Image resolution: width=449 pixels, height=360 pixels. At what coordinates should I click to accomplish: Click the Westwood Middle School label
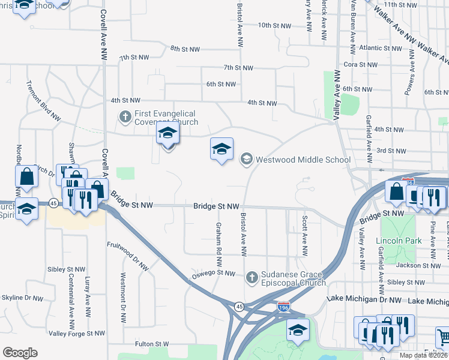303,160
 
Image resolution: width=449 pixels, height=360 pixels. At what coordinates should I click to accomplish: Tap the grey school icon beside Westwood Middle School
246,159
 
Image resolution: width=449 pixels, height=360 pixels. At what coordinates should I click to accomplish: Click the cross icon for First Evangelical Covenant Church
125,116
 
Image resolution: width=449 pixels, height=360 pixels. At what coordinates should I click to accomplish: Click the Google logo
20,353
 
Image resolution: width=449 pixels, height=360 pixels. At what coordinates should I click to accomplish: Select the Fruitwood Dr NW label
128,255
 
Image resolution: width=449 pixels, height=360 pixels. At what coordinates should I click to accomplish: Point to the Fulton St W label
152,344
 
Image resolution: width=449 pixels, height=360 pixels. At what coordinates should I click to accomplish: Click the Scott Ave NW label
305,234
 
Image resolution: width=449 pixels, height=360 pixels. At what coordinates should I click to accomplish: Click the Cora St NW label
360,64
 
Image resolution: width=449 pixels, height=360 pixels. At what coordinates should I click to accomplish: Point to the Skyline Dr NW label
22,298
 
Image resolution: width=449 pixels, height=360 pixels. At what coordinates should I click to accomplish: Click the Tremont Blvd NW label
44,100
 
